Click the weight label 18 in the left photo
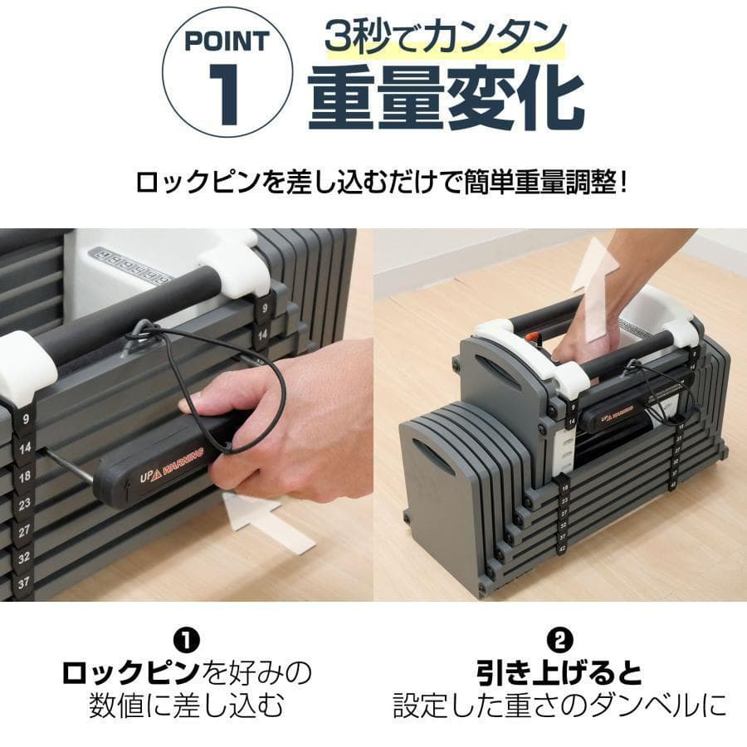click(x=24, y=477)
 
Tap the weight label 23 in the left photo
click(x=24, y=503)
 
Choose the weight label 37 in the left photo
click(x=24, y=583)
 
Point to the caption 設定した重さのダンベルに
click(x=560, y=706)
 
